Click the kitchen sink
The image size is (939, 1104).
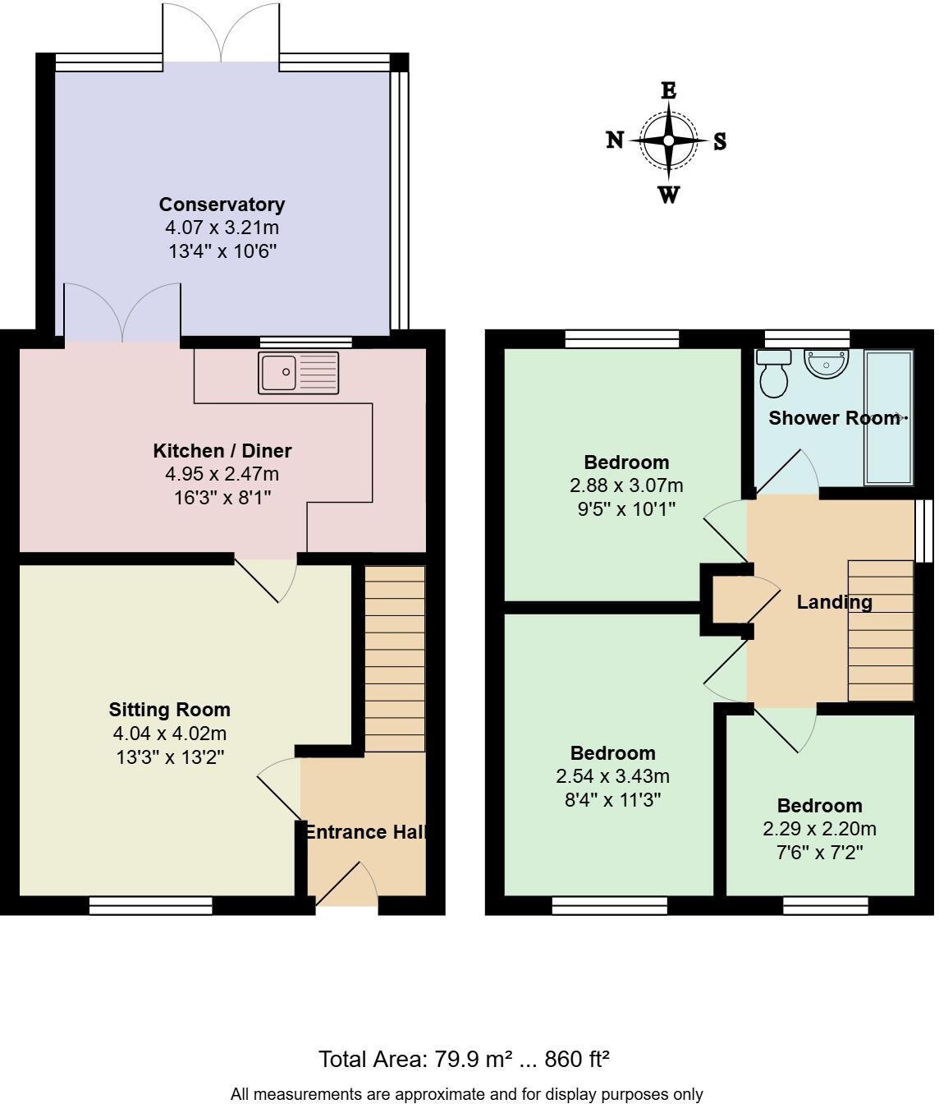(298, 373)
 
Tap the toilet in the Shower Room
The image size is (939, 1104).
(773, 374)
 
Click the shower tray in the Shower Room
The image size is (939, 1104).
(888, 417)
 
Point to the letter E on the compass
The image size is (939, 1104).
(669, 90)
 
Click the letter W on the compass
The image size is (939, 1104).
(669, 195)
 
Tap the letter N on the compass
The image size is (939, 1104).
(615, 140)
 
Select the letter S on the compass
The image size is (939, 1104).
(719, 141)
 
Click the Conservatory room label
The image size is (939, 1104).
(222, 205)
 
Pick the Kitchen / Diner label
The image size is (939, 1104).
(222, 451)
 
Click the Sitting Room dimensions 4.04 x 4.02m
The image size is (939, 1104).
(170, 734)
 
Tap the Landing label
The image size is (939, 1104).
(834, 602)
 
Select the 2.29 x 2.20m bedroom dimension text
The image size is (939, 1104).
(819, 829)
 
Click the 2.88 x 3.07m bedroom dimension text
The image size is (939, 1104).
(626, 485)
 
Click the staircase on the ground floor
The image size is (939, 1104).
(395, 658)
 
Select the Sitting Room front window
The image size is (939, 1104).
(150, 905)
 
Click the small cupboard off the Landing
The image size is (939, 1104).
(728, 600)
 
